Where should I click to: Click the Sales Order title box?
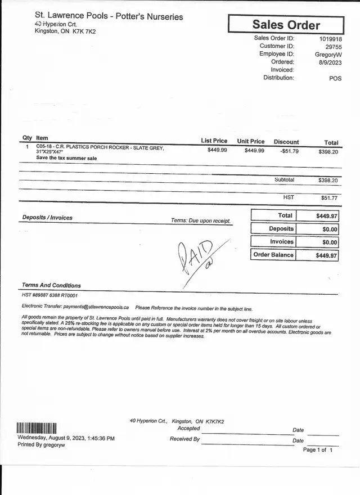(x=286, y=25)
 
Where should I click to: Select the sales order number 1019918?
(x=331, y=39)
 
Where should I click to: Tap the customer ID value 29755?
(x=334, y=47)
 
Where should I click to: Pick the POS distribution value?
(x=335, y=79)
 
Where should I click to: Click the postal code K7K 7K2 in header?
(x=84, y=31)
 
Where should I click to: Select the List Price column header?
(x=214, y=141)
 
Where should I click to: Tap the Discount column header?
(x=286, y=142)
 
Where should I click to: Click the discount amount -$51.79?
(x=289, y=151)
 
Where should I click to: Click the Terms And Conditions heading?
(x=51, y=286)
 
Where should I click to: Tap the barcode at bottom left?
(x=37, y=428)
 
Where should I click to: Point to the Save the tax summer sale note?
(x=66, y=158)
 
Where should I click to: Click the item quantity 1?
(x=27, y=147)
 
